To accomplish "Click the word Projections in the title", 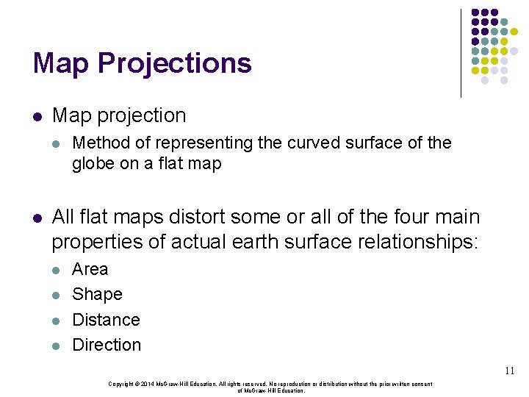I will click(174, 64).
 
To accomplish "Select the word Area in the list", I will click(90, 269).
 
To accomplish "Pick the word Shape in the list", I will click(97, 294).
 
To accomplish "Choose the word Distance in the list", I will click(106, 320).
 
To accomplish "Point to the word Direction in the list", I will click(107, 345).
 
